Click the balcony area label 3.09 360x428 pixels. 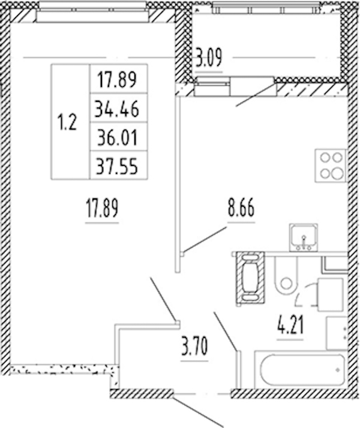click(x=209, y=58)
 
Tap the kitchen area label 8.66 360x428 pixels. click(x=241, y=208)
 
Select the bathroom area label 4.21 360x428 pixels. click(x=290, y=325)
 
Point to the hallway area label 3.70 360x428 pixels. click(x=194, y=346)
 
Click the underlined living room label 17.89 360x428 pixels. click(x=102, y=208)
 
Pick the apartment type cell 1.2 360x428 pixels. click(x=67, y=122)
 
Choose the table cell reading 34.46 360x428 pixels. click(x=117, y=108)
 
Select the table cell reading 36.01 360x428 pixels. click(x=118, y=137)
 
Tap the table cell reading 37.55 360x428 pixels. click(x=117, y=165)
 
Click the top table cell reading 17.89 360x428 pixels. click(x=117, y=80)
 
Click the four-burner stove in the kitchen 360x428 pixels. click(x=331, y=165)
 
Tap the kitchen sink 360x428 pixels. click(x=304, y=237)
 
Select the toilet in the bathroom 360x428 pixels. click(x=286, y=276)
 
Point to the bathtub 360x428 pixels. click(x=301, y=370)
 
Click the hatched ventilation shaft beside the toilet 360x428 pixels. click(x=250, y=278)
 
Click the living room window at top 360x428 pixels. click(x=92, y=12)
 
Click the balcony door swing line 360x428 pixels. click(x=256, y=95)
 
